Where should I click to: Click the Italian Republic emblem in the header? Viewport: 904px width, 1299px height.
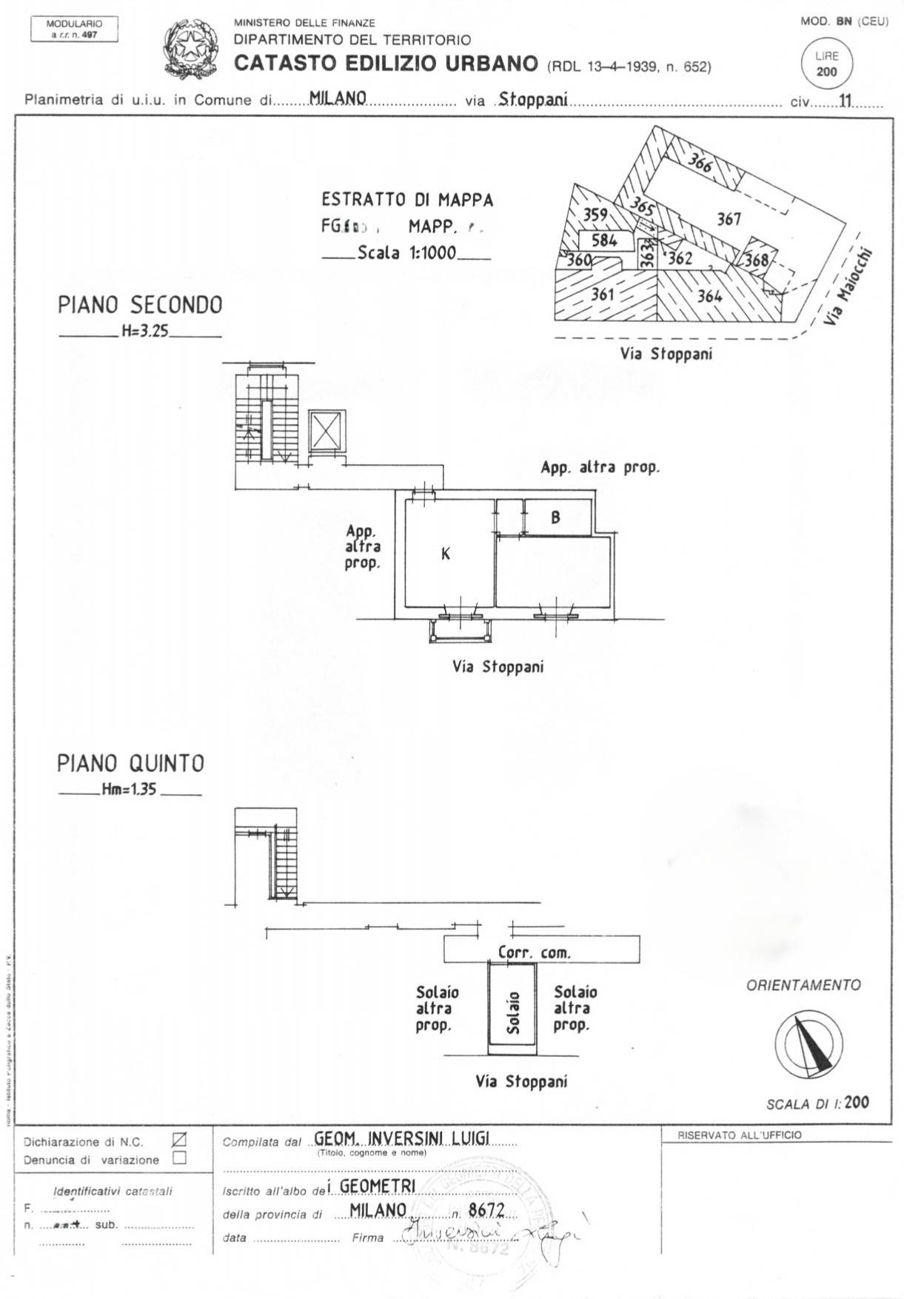click(x=190, y=50)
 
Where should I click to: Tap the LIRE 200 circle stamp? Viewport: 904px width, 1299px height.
click(x=826, y=64)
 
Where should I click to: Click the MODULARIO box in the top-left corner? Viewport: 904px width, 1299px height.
click(x=74, y=29)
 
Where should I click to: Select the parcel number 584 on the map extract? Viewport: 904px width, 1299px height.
click(x=604, y=241)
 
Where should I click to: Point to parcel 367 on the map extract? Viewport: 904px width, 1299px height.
click(x=729, y=218)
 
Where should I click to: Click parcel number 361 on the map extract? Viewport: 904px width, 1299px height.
click(x=603, y=294)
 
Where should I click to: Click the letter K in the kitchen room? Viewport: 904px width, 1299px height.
click(x=446, y=554)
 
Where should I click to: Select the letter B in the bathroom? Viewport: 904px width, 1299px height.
click(x=556, y=518)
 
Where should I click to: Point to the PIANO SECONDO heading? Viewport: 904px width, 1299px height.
click(x=140, y=305)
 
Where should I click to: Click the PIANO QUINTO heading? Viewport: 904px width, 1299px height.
click(x=130, y=763)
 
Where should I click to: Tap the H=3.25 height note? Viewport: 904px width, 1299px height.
click(x=145, y=332)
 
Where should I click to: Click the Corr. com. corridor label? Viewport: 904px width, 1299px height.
click(x=535, y=953)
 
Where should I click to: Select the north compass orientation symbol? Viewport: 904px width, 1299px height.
click(x=808, y=1041)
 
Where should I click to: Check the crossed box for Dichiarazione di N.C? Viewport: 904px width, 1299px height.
click(x=179, y=1140)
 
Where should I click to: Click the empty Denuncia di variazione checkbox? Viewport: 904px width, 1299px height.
click(x=179, y=1158)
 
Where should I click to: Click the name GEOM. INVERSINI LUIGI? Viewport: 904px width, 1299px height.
click(x=402, y=1138)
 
